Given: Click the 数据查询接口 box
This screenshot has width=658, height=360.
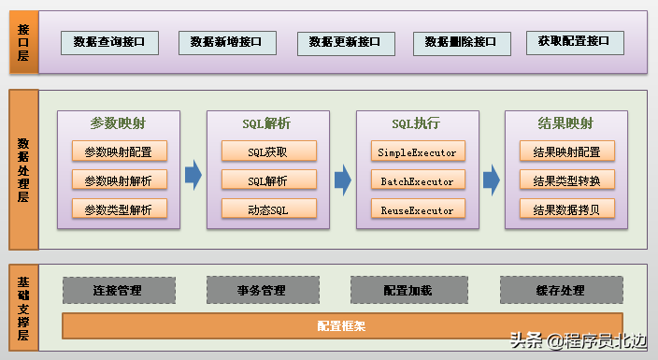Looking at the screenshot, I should (x=109, y=42).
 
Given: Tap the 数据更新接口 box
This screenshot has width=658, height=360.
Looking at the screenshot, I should (x=345, y=43).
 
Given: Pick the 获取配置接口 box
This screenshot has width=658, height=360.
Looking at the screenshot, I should (x=574, y=42).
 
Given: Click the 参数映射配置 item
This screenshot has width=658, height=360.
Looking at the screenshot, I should (x=119, y=151).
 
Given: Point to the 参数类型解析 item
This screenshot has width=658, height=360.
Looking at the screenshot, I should (x=119, y=209).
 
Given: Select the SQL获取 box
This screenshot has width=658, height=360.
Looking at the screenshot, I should (x=268, y=151).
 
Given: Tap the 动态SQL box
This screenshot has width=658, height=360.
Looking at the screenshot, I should (x=268, y=209).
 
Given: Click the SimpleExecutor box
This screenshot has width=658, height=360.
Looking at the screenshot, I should (x=417, y=151).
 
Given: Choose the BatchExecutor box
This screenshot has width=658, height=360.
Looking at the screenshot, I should (x=417, y=180).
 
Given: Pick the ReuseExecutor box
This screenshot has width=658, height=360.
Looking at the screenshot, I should (x=417, y=209).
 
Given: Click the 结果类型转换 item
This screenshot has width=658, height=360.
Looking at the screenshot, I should (x=566, y=180).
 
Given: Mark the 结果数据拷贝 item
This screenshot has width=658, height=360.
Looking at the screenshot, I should (x=566, y=209).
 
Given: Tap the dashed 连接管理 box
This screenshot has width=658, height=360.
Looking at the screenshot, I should (x=118, y=290).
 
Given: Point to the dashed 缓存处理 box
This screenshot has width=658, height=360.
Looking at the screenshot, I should (x=561, y=290).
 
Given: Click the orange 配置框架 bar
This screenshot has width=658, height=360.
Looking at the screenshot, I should (x=341, y=326).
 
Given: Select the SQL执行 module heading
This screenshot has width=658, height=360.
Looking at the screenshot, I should (x=417, y=123).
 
